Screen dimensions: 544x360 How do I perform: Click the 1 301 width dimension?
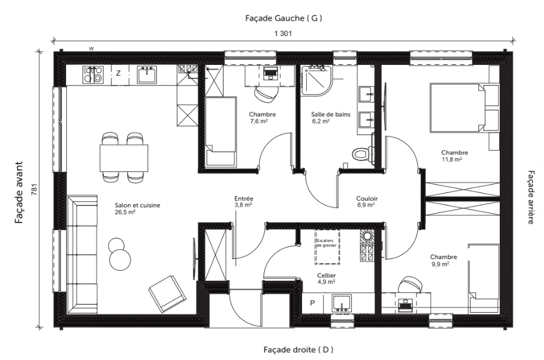[283, 34]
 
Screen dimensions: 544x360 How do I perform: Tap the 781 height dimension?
[34, 189]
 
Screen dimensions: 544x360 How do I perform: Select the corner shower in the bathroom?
[316, 80]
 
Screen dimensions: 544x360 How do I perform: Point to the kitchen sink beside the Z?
[147, 74]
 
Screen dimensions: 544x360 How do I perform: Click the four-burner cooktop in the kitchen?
[93, 74]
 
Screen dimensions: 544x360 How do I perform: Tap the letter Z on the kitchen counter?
[119, 73]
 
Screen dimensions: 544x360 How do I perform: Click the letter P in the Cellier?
[312, 303]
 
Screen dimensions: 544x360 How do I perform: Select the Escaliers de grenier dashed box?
[327, 247]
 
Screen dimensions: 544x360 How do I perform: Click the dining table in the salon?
[124, 158]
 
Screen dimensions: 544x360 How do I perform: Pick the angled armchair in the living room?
[167, 294]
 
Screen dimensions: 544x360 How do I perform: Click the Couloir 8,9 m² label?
[367, 202]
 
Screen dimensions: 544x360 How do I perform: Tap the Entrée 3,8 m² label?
[244, 202]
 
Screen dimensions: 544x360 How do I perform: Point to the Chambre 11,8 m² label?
[454, 156]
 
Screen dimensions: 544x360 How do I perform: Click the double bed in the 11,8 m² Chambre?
[464, 107]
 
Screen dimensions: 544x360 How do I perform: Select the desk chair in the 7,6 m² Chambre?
[267, 94]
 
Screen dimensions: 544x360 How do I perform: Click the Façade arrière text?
[531, 197]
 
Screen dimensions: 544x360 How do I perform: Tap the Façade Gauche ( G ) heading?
[283, 18]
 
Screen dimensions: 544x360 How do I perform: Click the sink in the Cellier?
[342, 303]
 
